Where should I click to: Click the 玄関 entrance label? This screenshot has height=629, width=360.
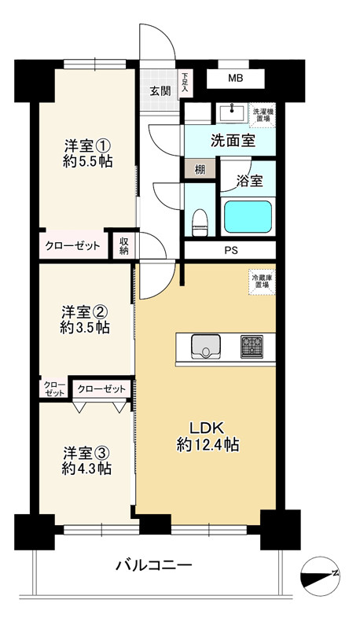(x=160, y=91)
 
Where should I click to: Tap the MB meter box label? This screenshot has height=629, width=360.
(x=235, y=78)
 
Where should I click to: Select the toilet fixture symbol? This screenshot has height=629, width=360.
(x=199, y=223)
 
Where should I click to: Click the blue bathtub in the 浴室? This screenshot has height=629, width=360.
(x=248, y=217)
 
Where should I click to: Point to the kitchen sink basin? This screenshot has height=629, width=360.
(x=206, y=346)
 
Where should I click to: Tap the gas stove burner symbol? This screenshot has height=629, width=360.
(x=252, y=346)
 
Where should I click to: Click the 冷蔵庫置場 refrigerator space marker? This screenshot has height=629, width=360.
(x=262, y=282)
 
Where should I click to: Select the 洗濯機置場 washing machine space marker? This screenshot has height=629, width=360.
(x=263, y=114)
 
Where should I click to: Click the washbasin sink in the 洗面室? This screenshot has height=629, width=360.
(x=232, y=112)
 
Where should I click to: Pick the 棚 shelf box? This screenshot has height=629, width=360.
(x=200, y=169)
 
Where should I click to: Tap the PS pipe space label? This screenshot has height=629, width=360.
(x=231, y=251)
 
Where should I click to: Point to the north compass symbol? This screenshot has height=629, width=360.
(x=321, y=576)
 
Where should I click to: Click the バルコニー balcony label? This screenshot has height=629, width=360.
(x=154, y=565)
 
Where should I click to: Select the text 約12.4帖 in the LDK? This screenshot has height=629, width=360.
(x=208, y=445)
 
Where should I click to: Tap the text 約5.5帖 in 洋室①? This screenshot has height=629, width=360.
(x=87, y=161)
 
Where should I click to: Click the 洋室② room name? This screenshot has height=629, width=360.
(x=85, y=311)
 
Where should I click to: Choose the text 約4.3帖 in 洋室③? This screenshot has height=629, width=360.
(x=86, y=468)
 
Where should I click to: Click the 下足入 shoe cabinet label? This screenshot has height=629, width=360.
(x=185, y=83)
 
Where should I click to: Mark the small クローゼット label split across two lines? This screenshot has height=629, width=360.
(x=54, y=388)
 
